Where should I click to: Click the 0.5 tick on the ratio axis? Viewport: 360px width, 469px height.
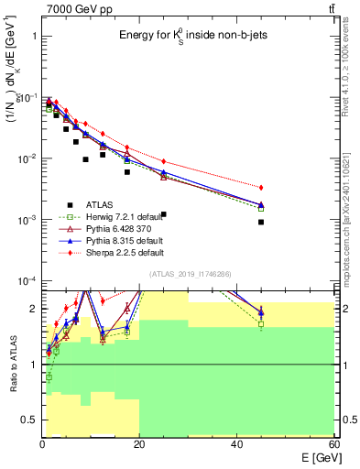tap(29, 420)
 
